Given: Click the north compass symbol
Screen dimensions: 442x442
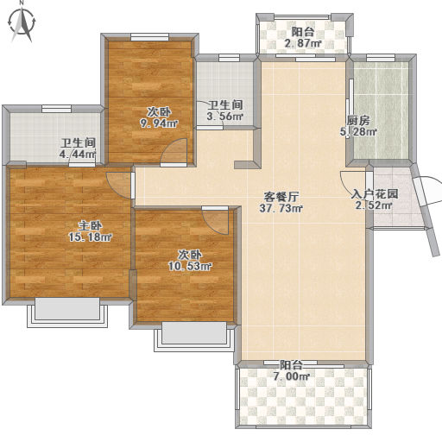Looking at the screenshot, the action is click(x=22, y=23).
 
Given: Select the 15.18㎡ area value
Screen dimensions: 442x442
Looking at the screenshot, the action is click(x=90, y=237).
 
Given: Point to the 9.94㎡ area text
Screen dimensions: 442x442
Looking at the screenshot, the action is click(x=159, y=123).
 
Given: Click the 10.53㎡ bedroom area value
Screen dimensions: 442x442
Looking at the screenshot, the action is click(x=190, y=266).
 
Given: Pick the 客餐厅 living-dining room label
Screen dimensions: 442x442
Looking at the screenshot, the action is click(x=281, y=197).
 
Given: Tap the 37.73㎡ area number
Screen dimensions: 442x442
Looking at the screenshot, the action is click(x=281, y=208).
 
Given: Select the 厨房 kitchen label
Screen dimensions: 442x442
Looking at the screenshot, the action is click(x=358, y=121).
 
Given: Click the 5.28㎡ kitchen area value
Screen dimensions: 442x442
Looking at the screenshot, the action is click(x=358, y=132).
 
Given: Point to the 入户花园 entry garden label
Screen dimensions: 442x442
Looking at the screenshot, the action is click(x=375, y=194).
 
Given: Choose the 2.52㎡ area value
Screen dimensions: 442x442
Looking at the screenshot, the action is click(x=375, y=205).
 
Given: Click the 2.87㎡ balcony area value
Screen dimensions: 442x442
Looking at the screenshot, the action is click(x=303, y=43).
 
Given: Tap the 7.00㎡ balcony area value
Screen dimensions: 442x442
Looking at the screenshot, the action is click(x=292, y=376).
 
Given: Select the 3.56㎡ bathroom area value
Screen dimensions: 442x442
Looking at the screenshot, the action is click(x=225, y=117).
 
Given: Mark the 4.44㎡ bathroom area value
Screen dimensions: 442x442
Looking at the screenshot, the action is click(x=78, y=154).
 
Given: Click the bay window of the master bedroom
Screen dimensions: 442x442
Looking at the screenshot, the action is click(x=67, y=313).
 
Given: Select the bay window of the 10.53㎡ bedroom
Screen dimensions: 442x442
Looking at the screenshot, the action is click(x=194, y=337).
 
